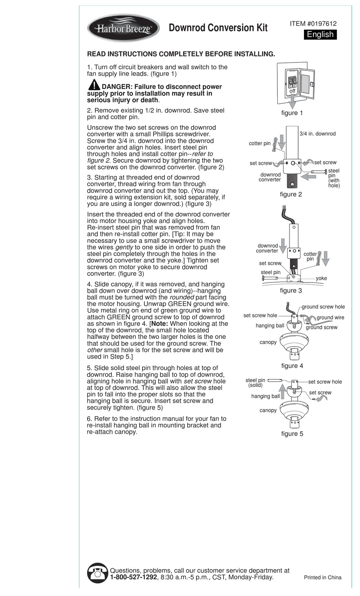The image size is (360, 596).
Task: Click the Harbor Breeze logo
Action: [x=124, y=28]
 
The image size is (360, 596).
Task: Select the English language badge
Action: [x=320, y=34]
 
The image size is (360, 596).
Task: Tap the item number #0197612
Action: [x=313, y=23]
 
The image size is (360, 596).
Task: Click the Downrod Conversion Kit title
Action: [x=218, y=28]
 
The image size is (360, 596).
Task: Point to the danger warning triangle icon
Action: [x=94, y=85]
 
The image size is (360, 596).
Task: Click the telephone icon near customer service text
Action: [x=98, y=573]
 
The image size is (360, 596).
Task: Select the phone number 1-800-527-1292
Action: [x=133, y=577]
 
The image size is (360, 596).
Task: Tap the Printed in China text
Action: [x=322, y=577]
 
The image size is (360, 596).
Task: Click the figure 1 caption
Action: [x=292, y=113]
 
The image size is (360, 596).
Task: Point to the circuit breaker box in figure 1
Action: [x=296, y=83]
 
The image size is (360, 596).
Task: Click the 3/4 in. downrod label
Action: [x=318, y=134]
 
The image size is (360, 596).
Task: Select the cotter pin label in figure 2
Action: [x=260, y=144]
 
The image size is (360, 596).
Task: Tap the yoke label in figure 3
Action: [x=321, y=278]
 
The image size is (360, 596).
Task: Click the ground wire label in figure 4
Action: [x=330, y=318]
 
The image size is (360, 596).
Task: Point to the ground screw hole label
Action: [x=323, y=307]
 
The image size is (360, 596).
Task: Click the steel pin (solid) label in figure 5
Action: [x=255, y=383]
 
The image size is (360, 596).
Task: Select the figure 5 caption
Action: [x=292, y=434]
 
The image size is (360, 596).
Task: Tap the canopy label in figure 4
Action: [x=268, y=342]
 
